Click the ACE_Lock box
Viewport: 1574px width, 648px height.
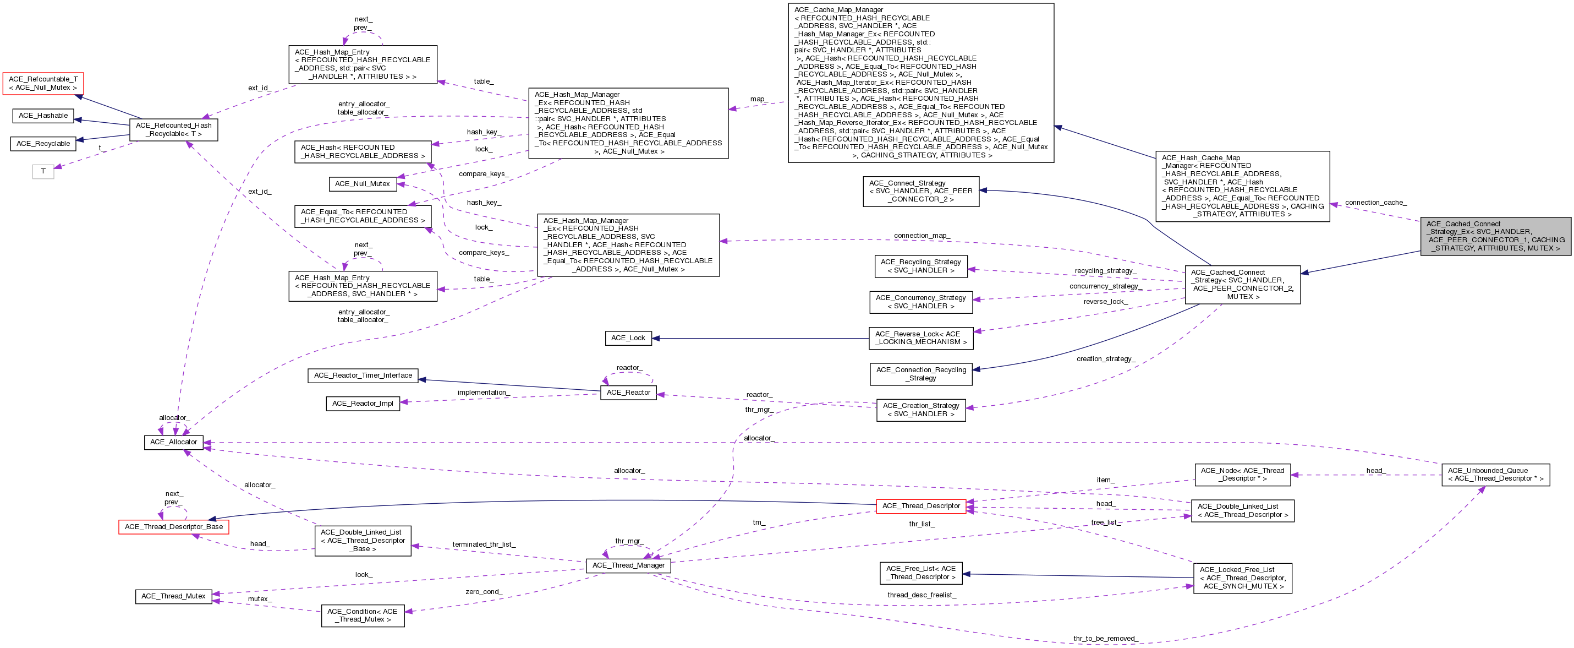(628, 338)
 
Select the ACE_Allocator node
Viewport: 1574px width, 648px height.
(173, 442)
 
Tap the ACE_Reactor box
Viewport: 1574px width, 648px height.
(629, 393)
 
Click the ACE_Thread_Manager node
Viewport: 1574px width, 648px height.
(628, 565)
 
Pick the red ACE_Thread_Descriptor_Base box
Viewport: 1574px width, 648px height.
(173, 527)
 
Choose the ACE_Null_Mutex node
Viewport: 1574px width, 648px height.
(363, 184)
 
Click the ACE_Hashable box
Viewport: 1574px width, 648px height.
(43, 116)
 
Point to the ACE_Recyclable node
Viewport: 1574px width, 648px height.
(43, 144)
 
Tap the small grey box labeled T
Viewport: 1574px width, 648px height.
(43, 172)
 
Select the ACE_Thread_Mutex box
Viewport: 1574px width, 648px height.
(173, 597)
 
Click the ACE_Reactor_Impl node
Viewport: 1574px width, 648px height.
(363, 404)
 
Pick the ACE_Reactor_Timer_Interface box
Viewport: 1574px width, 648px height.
(363, 375)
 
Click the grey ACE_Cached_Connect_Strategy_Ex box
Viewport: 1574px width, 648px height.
(1496, 236)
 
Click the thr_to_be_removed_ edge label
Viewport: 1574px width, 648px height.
(1105, 639)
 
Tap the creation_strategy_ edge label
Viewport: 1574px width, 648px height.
(1106, 359)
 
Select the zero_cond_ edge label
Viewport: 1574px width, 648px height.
(484, 592)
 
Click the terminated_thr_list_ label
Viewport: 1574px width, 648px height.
(484, 544)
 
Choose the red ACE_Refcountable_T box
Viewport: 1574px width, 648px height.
(43, 84)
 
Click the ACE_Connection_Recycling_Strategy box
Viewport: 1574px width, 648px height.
(921, 374)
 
